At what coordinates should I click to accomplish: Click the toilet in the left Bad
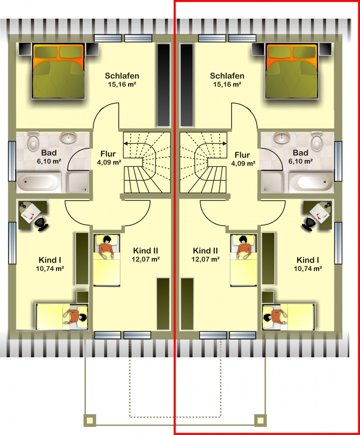[33, 141]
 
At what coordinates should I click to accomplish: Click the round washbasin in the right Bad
[282, 137]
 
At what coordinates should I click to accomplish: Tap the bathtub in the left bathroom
[38, 182]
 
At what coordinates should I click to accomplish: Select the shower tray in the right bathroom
[272, 182]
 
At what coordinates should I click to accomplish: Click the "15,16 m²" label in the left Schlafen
[122, 84]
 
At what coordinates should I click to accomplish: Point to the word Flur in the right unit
[242, 155]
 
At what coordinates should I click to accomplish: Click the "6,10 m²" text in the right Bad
[301, 161]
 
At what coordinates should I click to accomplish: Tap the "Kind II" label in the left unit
[146, 251]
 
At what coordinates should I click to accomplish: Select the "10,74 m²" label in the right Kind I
[308, 269]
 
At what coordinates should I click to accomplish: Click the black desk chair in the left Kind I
[41, 223]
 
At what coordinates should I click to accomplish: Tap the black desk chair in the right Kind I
[309, 223]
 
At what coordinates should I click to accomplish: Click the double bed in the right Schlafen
[292, 71]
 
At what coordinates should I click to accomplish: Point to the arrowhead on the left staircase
[126, 144]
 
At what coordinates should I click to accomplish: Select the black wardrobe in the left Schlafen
[164, 85]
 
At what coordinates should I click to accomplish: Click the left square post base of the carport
[89, 421]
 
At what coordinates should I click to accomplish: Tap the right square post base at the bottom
[260, 421]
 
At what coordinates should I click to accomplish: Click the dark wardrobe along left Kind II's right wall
[163, 303]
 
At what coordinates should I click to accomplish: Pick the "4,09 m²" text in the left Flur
[109, 162]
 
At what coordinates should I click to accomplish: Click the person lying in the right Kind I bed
[275, 316]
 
